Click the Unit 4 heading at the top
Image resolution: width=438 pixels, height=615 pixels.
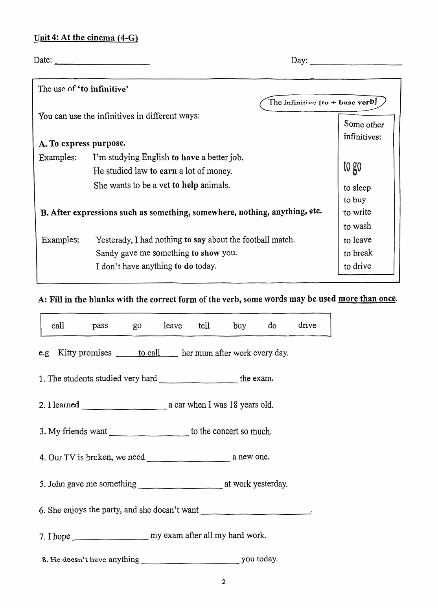[x=86, y=38]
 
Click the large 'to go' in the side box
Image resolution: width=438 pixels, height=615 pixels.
[x=352, y=167]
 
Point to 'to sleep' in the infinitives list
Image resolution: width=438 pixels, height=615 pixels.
[x=357, y=188]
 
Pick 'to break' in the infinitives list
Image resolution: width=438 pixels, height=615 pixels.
[x=358, y=253]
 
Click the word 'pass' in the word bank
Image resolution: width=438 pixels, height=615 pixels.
[x=100, y=326]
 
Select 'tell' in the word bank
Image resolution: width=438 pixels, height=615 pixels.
[x=204, y=326]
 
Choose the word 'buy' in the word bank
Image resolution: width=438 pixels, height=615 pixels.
[x=239, y=326]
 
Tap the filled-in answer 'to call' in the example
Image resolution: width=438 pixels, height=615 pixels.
[x=149, y=353]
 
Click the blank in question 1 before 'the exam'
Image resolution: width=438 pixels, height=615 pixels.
[x=199, y=380]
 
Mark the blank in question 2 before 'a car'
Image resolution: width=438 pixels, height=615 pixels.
[x=124, y=407]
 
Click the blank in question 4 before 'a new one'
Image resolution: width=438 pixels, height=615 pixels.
[x=188, y=459]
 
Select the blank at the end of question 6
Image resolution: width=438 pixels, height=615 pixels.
[x=255, y=512]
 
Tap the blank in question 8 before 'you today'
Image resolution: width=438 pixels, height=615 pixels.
[x=190, y=561]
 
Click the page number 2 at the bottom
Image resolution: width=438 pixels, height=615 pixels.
[x=224, y=582]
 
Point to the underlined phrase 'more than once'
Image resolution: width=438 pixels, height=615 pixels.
[x=367, y=299]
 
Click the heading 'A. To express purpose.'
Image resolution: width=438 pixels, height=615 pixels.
[x=82, y=144]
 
